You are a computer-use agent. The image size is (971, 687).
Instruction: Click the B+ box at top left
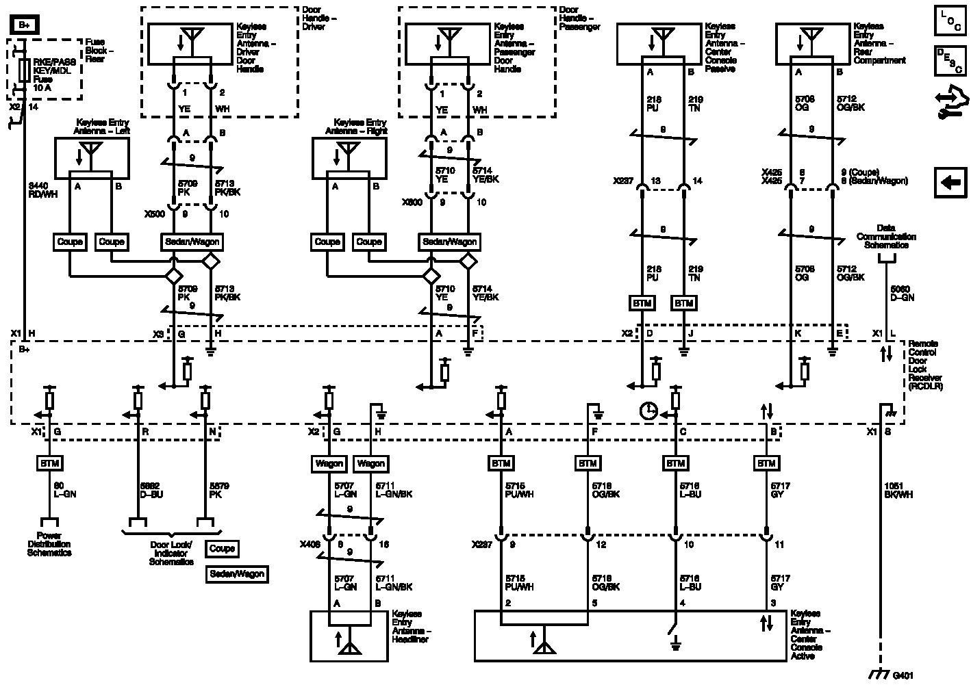pyautogui.click(x=25, y=25)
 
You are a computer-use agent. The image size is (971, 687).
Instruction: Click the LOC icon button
pyautogui.click(x=950, y=20)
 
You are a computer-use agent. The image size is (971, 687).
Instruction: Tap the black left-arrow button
pyautogui.click(x=950, y=182)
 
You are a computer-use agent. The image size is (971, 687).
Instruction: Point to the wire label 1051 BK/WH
pyautogui.click(x=898, y=491)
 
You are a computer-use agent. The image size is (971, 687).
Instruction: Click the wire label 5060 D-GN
pyautogui.click(x=903, y=293)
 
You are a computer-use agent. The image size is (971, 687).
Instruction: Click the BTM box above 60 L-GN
pyautogui.click(x=49, y=463)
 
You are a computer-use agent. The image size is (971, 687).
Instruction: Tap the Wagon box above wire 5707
pyautogui.click(x=329, y=463)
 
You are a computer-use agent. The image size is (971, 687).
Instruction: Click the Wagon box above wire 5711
pyautogui.click(x=371, y=463)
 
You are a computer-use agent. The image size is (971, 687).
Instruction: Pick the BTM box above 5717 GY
pyautogui.click(x=765, y=463)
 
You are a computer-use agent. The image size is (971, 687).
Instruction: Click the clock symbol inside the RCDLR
pyautogui.click(x=648, y=411)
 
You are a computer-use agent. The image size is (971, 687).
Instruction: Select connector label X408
pyautogui.click(x=310, y=545)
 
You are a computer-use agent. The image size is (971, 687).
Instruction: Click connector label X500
pyautogui.click(x=154, y=214)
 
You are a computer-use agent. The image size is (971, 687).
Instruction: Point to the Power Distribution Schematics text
pyautogui.click(x=49, y=544)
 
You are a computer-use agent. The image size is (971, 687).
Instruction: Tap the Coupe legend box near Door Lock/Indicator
pyautogui.click(x=222, y=548)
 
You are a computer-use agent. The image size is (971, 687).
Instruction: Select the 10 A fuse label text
pyautogui.click(x=42, y=88)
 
